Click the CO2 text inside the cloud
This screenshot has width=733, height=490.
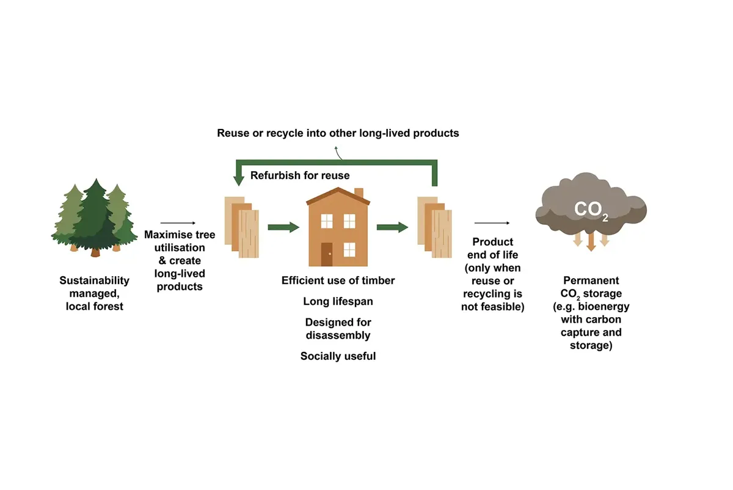pos(591,210)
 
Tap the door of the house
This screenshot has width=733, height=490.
pos(327,254)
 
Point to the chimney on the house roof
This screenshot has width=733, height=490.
pos(359,194)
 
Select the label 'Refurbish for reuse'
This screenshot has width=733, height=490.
pos(300,175)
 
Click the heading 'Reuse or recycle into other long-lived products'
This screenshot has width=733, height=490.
pos(338,133)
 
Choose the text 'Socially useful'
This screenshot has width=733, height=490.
pos(338,356)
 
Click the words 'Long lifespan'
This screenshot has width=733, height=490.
pos(338,301)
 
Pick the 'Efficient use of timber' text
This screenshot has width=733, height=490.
pos(338,280)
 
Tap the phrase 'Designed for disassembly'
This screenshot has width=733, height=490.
pos(338,328)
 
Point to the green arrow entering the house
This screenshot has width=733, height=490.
pos(283,227)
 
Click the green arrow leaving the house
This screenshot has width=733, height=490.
pos(392,227)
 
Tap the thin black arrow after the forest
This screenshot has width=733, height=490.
pos(178,224)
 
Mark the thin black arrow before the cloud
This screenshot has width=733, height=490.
pos(492,224)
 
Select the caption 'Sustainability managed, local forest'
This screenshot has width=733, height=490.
pos(95,293)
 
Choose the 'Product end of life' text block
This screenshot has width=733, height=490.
pos(492,274)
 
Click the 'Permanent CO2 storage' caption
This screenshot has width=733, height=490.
pos(591,313)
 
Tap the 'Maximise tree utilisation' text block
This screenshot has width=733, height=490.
pos(180,260)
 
